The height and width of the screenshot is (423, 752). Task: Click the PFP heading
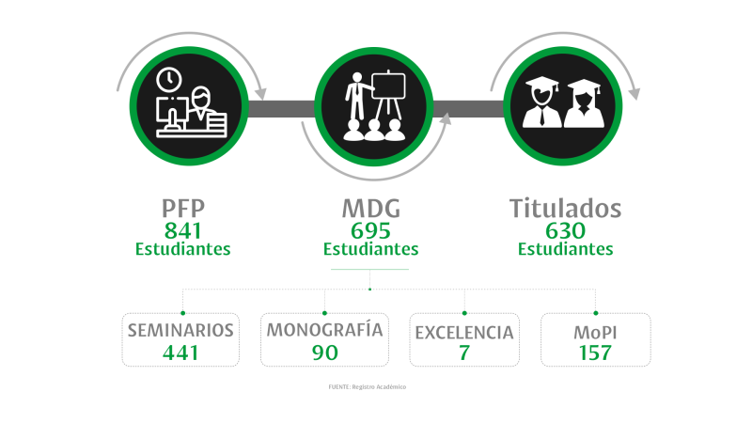(183, 209)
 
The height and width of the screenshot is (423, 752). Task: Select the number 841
(182, 230)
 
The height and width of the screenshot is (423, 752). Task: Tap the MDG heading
(371, 209)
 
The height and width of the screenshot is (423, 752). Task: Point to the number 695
(370, 230)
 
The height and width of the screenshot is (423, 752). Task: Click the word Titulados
(566, 209)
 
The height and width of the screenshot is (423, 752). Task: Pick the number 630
(566, 230)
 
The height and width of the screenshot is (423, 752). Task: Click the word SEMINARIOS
(180, 331)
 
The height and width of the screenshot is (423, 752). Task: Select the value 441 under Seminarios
(180, 353)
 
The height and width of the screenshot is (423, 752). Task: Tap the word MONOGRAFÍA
(324, 330)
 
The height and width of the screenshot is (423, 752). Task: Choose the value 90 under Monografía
(324, 353)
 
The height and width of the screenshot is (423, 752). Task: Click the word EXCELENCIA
(464, 333)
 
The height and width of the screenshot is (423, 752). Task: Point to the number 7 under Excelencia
(463, 353)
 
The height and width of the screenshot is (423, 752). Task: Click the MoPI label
(595, 333)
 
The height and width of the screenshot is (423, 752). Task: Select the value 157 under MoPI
(595, 353)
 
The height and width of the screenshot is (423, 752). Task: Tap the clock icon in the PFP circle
(169, 80)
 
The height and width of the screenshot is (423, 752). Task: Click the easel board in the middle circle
(388, 86)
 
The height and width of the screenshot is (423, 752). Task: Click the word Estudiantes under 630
(566, 249)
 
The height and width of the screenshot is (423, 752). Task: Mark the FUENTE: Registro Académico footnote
(368, 386)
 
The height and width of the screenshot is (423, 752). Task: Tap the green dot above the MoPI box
(596, 313)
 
